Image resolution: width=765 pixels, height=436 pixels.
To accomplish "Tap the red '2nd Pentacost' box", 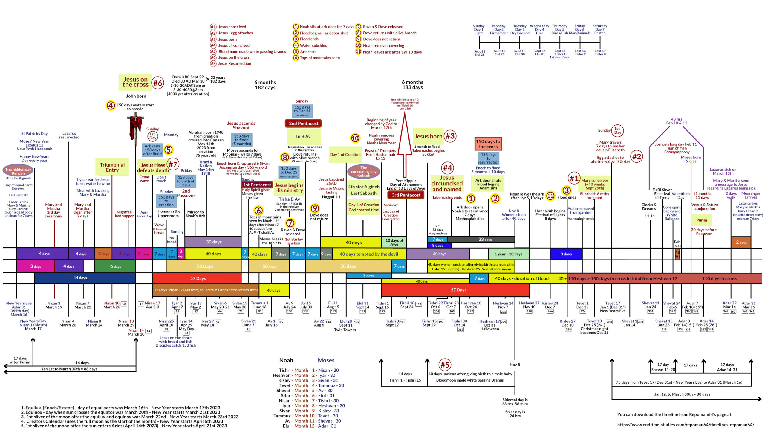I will coord(303,124).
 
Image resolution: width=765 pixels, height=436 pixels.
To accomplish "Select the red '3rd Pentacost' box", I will coord(406,195).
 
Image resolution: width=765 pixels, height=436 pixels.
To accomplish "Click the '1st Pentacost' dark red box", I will coord(257,185).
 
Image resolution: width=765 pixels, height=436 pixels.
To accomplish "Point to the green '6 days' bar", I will coord(115,266).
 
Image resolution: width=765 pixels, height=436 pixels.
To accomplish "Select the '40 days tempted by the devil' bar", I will coord(368,254).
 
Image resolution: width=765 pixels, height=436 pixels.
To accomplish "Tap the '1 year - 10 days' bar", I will coord(508,254).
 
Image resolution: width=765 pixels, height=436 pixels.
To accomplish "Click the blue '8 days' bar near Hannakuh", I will coord(566,254).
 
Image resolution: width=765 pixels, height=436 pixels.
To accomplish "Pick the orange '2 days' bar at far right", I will coord(741,242).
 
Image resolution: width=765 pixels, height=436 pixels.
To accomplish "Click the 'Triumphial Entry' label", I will coord(112,167).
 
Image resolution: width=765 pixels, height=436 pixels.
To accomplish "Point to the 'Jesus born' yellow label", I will coord(428,137).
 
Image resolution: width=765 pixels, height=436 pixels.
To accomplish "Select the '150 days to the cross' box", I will coord(488,144).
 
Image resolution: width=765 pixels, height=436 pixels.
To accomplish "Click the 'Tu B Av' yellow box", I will coord(303,137).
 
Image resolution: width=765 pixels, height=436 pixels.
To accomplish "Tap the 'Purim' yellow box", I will coord(702,220).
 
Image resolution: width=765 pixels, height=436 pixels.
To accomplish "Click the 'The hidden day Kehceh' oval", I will coord(18,171).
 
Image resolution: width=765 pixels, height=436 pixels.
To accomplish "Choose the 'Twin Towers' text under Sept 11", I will coord(345,330).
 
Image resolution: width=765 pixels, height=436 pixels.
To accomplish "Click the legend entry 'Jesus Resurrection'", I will coord(234,63).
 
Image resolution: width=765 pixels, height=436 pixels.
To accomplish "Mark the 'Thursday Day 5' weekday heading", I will coord(559,29).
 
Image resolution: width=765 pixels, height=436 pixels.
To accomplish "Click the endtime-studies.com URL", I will coord(686,425).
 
